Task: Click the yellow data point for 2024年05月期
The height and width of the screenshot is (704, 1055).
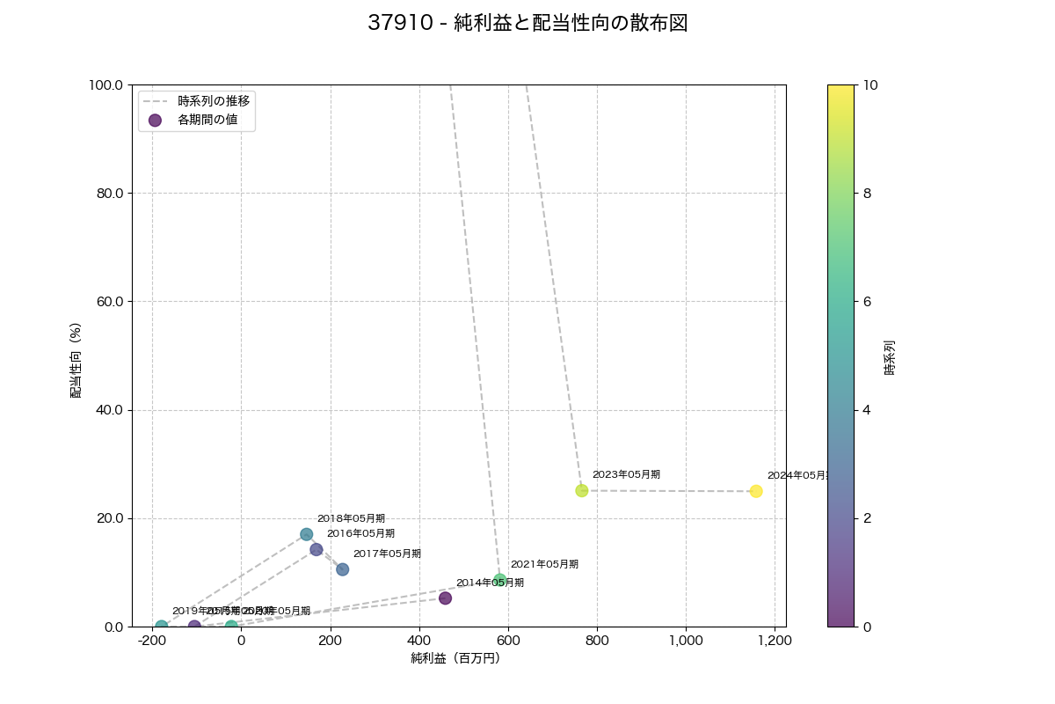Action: click(x=756, y=491)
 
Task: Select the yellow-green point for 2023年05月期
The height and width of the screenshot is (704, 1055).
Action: click(x=582, y=490)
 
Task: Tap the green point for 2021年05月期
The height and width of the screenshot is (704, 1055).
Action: click(x=500, y=579)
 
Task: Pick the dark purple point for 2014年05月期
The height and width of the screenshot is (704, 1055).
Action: click(x=445, y=598)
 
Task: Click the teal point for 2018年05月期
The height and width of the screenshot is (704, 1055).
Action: click(x=307, y=534)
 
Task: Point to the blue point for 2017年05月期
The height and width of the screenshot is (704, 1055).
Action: click(x=343, y=569)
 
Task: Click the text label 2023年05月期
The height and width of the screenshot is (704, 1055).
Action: click(x=626, y=474)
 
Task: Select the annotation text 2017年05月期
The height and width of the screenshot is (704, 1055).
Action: click(x=387, y=554)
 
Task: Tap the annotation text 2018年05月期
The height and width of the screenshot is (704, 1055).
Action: click(x=351, y=519)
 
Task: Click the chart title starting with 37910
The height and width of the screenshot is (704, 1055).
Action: click(x=527, y=24)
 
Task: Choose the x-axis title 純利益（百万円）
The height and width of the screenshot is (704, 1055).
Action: click(x=455, y=658)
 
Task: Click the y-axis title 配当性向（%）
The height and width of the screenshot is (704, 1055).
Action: click(x=76, y=356)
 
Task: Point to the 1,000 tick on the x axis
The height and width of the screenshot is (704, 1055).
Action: click(x=686, y=642)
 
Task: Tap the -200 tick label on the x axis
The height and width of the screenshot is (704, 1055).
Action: click(x=152, y=642)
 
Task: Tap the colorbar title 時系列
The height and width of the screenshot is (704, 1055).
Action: click(x=890, y=356)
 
